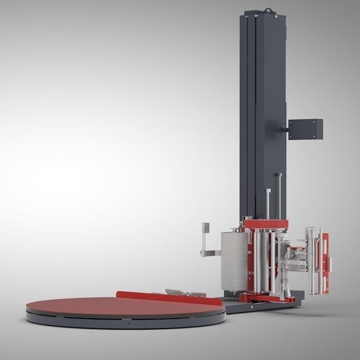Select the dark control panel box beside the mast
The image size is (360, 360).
pyautogui.click(x=305, y=129)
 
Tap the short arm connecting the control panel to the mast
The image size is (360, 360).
pyautogui.click(x=283, y=131)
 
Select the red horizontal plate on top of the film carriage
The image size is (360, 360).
pyautogui.click(x=265, y=224)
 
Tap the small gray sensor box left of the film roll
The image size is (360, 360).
pyautogui.click(x=206, y=228)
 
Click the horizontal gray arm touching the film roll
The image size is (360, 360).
pyautogui.click(x=212, y=253)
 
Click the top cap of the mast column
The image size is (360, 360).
pyautogui.click(x=263, y=14)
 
